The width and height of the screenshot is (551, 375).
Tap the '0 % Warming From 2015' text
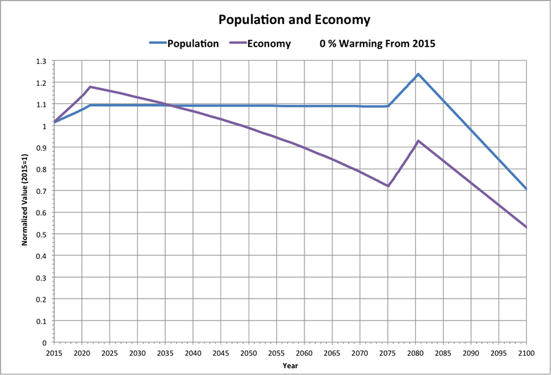click(x=378, y=43)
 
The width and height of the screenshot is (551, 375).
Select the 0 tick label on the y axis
click(x=44, y=342)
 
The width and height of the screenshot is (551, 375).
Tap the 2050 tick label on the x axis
click(x=248, y=352)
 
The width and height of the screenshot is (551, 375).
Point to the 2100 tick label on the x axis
click(x=526, y=352)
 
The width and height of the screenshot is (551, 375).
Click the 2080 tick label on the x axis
click(x=415, y=352)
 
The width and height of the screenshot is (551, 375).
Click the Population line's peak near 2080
click(x=417, y=74)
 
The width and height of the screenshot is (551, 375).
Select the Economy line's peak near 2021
click(x=90, y=87)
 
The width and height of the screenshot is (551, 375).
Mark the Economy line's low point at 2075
click(x=388, y=186)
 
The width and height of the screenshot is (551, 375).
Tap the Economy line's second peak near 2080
click(x=417, y=140)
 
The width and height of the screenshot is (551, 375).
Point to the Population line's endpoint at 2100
click(x=526, y=189)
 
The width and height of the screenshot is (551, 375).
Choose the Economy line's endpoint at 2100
click(x=526, y=227)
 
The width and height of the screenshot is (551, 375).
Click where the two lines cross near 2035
click(x=165, y=105)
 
